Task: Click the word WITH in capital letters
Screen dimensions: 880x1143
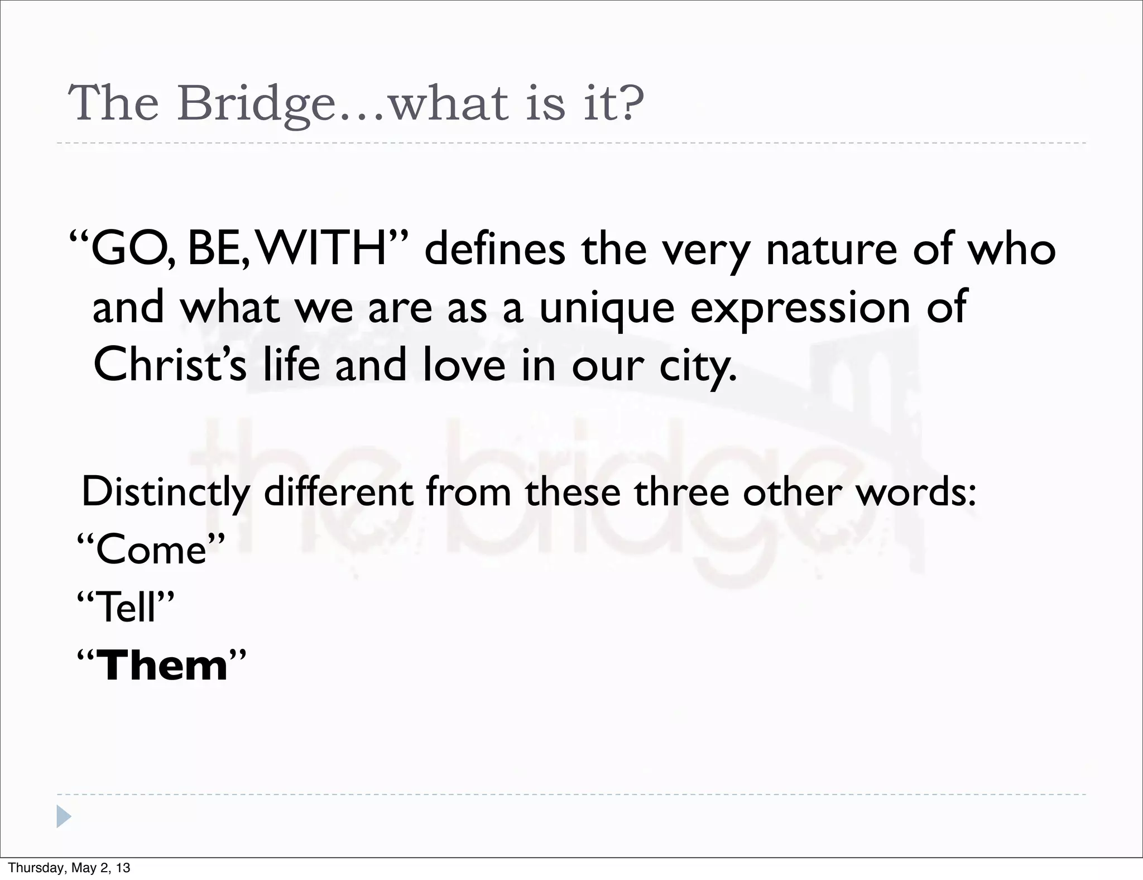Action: click(x=324, y=249)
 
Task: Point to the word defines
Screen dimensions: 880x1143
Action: click(x=494, y=249)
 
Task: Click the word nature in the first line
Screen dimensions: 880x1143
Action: click(x=831, y=249)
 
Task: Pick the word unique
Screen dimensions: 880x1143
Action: click(x=607, y=309)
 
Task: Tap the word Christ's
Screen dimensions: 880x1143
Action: click(x=170, y=365)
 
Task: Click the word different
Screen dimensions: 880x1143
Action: click(x=338, y=492)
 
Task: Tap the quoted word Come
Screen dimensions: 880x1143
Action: click(x=151, y=549)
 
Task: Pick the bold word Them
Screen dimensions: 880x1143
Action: click(x=162, y=666)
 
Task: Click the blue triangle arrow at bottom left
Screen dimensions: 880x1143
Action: click(x=64, y=816)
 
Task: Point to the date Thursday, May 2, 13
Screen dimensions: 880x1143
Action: click(x=69, y=868)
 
